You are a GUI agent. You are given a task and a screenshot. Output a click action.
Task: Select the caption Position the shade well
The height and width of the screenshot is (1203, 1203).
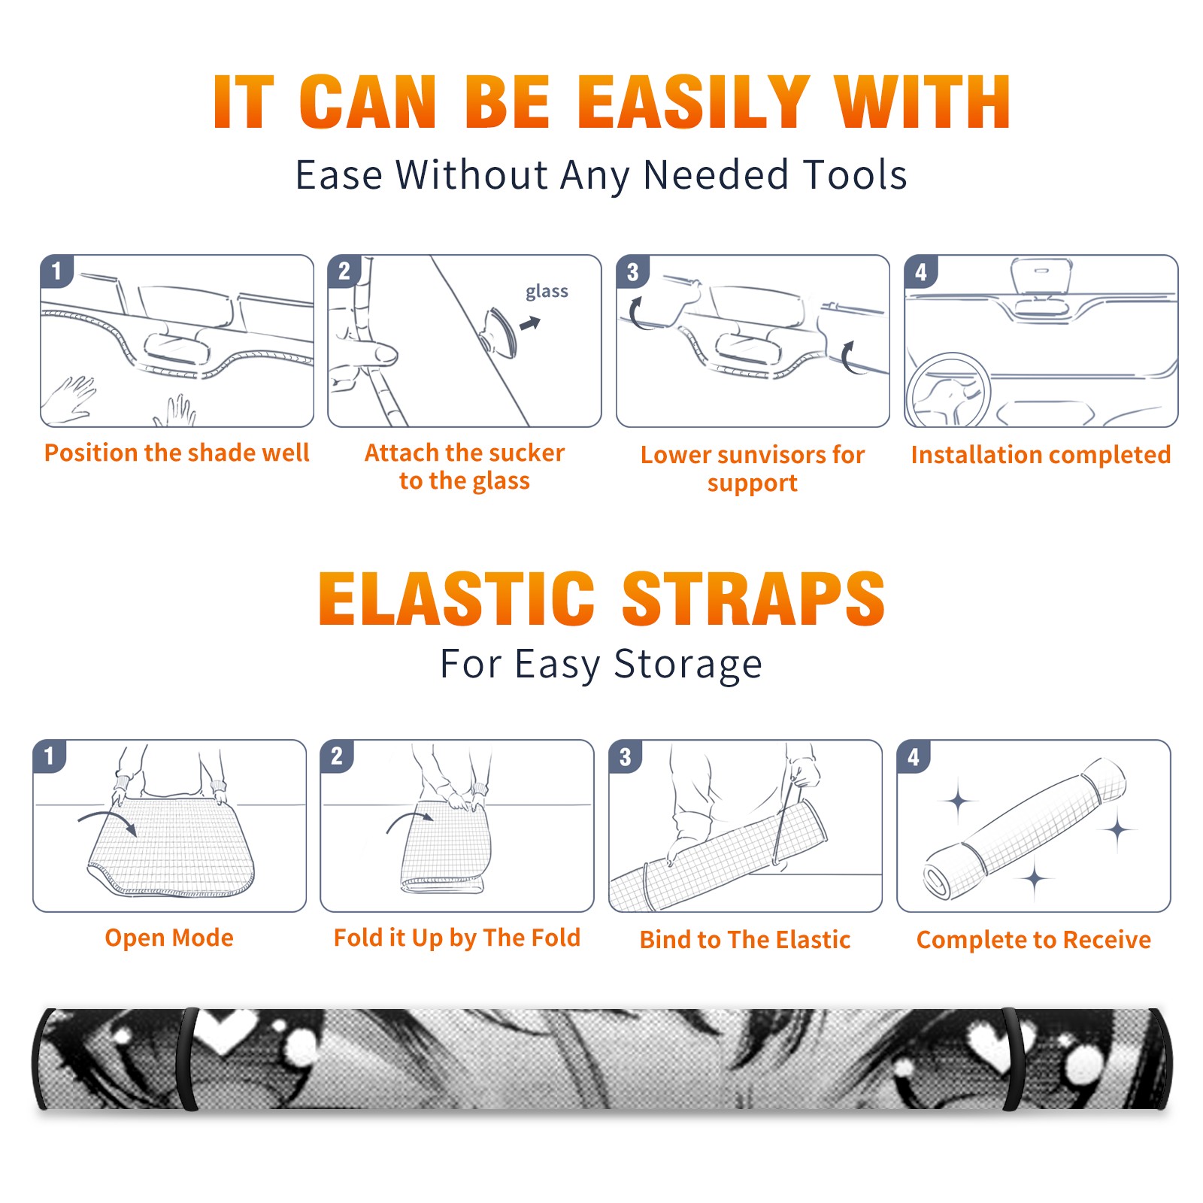[x=177, y=453]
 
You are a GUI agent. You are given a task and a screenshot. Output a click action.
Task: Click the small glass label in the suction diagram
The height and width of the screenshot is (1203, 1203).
[x=547, y=292]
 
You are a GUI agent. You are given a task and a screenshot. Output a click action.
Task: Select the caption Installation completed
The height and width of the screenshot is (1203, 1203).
[x=1041, y=455]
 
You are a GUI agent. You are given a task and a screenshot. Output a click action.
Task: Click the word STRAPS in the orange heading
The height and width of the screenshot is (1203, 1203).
[x=753, y=598]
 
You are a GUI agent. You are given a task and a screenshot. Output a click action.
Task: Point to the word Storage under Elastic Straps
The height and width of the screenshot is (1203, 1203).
[x=688, y=665]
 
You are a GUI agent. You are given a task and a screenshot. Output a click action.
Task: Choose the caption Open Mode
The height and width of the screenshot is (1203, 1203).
[x=169, y=938]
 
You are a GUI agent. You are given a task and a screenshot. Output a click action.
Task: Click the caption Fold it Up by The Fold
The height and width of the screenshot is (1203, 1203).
[x=457, y=938]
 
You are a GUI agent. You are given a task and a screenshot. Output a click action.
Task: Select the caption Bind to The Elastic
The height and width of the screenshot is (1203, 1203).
[x=745, y=940]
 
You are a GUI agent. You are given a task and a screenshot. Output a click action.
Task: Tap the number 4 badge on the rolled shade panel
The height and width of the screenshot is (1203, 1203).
[x=914, y=756]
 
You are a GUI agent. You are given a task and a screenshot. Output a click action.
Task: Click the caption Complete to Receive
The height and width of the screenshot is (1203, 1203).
[x=1034, y=940]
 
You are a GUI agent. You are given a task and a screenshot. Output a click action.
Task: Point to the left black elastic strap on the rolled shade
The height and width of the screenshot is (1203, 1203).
[x=187, y=1059]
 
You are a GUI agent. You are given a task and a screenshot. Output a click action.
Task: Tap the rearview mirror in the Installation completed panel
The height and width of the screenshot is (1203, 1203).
[x=1041, y=276]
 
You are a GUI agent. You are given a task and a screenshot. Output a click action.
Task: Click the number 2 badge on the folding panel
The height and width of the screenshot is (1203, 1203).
[x=337, y=756]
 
